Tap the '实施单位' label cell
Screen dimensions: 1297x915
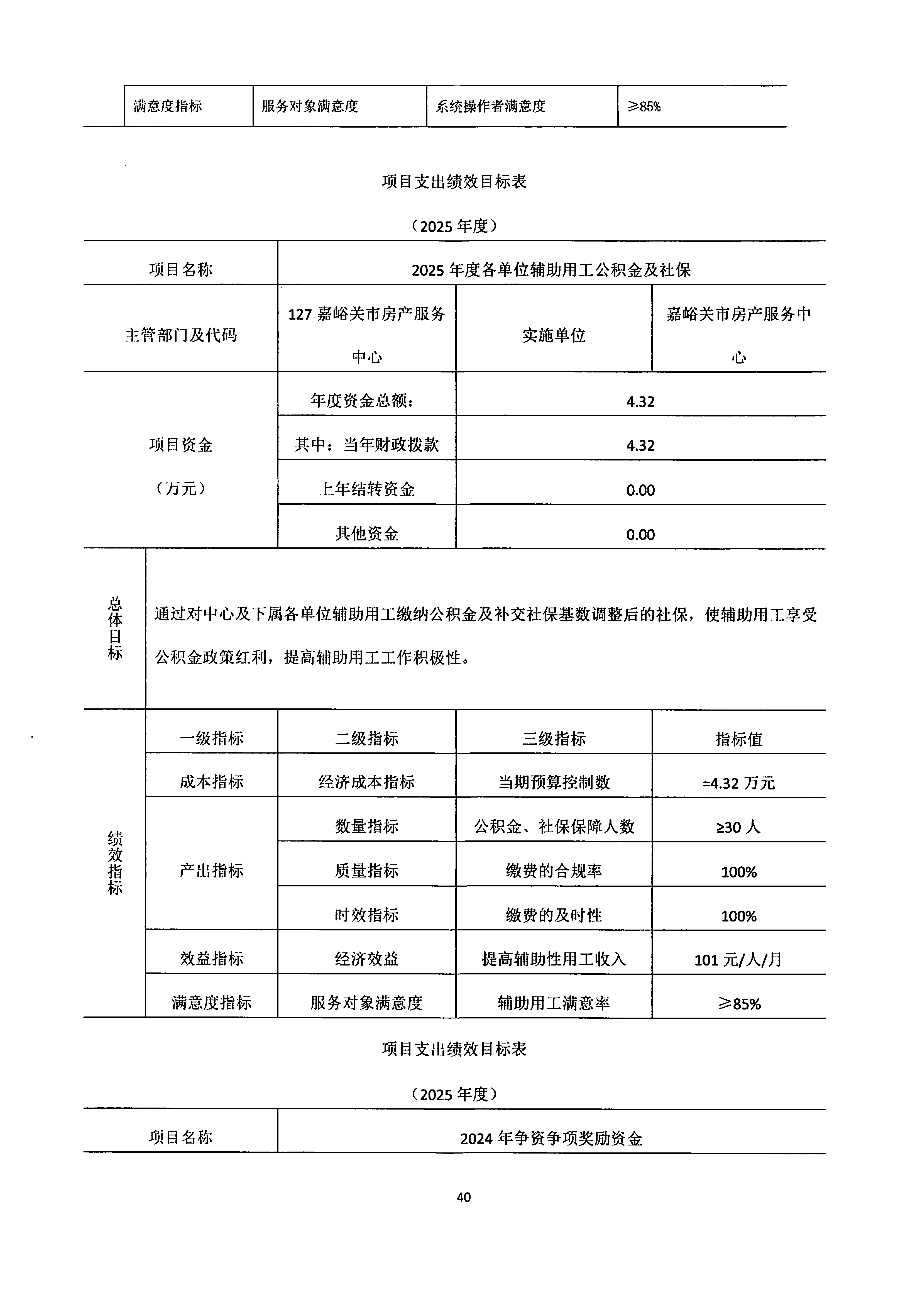point(554,335)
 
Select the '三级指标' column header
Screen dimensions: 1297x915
point(554,738)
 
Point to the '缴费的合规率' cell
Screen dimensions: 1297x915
point(554,871)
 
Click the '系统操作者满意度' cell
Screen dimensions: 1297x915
point(490,106)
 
